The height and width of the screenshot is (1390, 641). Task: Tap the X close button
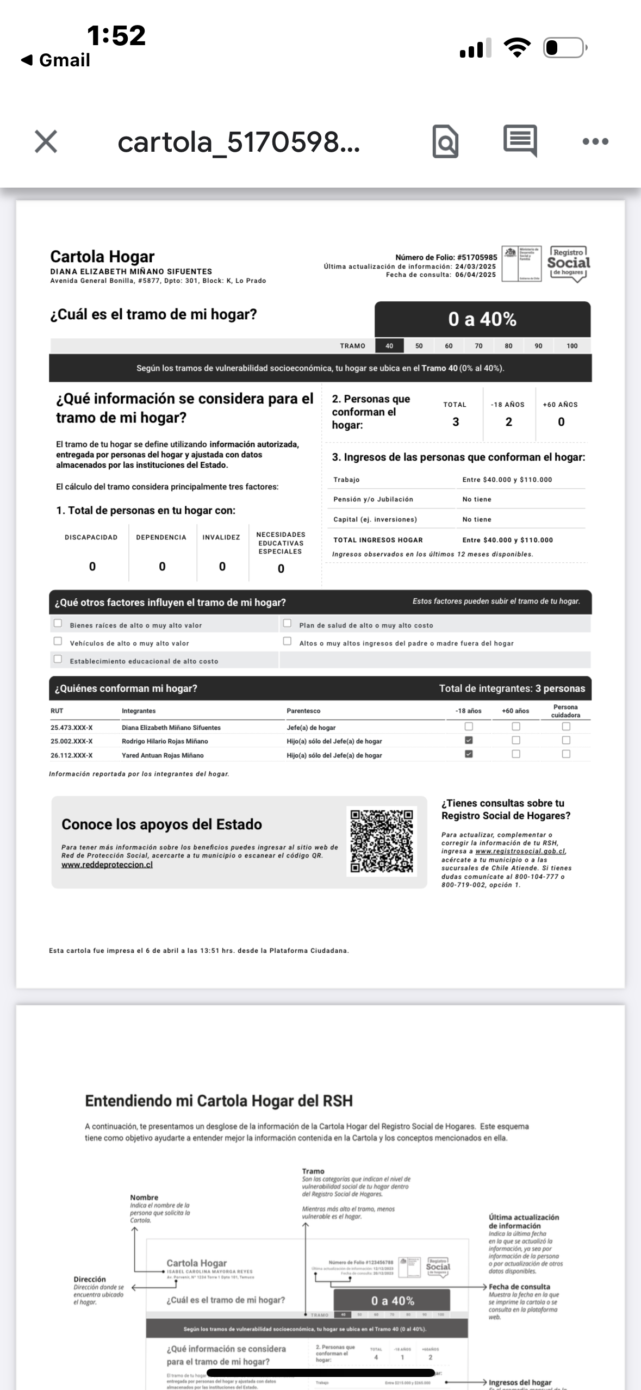pyautogui.click(x=46, y=141)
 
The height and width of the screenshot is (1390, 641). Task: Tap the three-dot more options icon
pyautogui.click(x=595, y=141)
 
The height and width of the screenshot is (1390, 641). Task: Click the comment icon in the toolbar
pyautogui.click(x=520, y=141)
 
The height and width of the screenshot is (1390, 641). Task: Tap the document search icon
pyautogui.click(x=445, y=142)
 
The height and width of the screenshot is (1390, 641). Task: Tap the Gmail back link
pyautogui.click(x=56, y=60)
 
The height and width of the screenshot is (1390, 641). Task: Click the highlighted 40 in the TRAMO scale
pyautogui.click(x=389, y=346)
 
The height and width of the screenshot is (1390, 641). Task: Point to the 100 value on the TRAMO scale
pyautogui.click(x=572, y=346)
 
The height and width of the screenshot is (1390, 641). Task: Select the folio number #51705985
pyautogui.click(x=477, y=257)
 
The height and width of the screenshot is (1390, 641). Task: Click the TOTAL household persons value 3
pyautogui.click(x=456, y=422)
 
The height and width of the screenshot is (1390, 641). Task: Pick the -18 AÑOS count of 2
pyautogui.click(x=508, y=422)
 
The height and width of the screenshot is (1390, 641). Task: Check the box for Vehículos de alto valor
pyautogui.click(x=58, y=641)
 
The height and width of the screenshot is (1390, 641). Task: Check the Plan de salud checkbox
pyautogui.click(x=288, y=623)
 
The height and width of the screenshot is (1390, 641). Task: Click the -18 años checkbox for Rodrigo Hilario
pyautogui.click(x=469, y=740)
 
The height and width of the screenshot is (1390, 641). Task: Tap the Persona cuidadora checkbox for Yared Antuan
pyautogui.click(x=566, y=754)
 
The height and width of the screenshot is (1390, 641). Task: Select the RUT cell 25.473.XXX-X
pyautogui.click(x=72, y=728)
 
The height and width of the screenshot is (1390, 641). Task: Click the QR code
pyautogui.click(x=382, y=841)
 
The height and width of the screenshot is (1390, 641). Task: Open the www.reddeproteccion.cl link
pyautogui.click(x=107, y=865)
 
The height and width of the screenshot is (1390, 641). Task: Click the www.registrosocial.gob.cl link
pyautogui.click(x=520, y=851)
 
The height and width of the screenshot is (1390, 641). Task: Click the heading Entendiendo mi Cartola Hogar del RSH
pyautogui.click(x=219, y=1101)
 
